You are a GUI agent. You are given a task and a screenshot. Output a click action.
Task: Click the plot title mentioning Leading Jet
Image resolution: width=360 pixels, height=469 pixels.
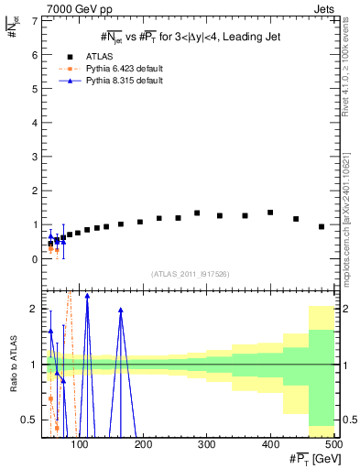coord(191,36)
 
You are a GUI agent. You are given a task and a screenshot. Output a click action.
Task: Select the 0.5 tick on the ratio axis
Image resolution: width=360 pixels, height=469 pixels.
coord(33,420)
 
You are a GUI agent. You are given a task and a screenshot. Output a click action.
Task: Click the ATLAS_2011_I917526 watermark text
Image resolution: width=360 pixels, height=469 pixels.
coord(191,274)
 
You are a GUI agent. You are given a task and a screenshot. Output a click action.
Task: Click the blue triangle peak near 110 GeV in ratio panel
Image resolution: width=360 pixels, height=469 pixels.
coord(87,296)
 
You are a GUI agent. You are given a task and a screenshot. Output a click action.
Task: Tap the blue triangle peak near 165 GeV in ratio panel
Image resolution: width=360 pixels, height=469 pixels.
coord(121,311)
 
